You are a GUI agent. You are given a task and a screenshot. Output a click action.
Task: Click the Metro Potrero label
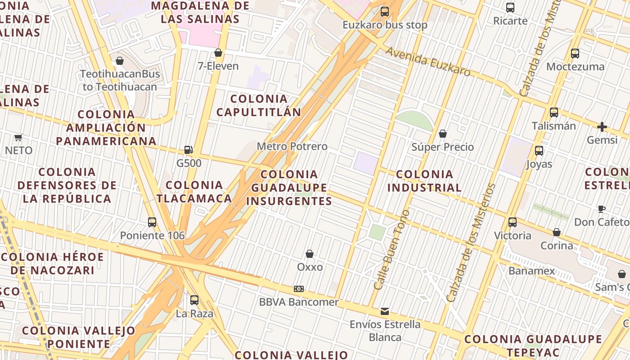pyautogui.click(x=292, y=147)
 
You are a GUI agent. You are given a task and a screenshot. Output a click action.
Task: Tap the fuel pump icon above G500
pyautogui.click(x=189, y=150)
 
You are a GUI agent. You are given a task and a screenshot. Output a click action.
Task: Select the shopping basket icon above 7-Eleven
pyautogui.click(x=218, y=53)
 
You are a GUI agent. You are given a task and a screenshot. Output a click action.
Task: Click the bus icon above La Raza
pyautogui.click(x=194, y=300)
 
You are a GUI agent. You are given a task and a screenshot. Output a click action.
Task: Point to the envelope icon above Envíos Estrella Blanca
pyautogui.click(x=385, y=311)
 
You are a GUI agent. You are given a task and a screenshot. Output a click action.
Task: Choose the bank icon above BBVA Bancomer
pyautogui.click(x=299, y=288)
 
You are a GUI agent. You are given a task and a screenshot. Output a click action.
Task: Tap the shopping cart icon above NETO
pyautogui.click(x=18, y=137)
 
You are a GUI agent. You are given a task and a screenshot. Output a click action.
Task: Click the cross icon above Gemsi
pyautogui.click(x=602, y=127)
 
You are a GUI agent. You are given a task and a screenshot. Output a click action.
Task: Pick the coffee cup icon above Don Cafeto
pyautogui.click(x=602, y=208)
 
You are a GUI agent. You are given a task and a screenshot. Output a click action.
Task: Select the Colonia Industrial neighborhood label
pyautogui.click(x=424, y=181)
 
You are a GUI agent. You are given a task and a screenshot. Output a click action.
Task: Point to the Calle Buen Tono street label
pyautogui.click(x=391, y=250)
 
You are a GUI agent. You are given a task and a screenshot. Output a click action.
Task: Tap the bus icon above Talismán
pyautogui.click(x=554, y=112)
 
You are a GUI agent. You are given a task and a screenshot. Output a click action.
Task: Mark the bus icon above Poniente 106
pyautogui.click(x=152, y=222)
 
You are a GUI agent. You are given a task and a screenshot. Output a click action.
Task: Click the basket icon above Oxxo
pyautogui.click(x=310, y=254)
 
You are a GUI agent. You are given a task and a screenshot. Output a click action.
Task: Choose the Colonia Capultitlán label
pyautogui.click(x=259, y=105)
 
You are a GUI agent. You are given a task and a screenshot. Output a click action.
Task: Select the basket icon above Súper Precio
pyautogui.click(x=443, y=134)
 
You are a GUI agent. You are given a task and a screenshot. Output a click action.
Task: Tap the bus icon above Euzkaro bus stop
pyautogui.click(x=385, y=12)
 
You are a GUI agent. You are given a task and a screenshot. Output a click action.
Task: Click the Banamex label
pyautogui.click(x=531, y=271)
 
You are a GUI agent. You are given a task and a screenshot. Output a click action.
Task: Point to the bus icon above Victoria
pyautogui.click(x=513, y=222)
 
